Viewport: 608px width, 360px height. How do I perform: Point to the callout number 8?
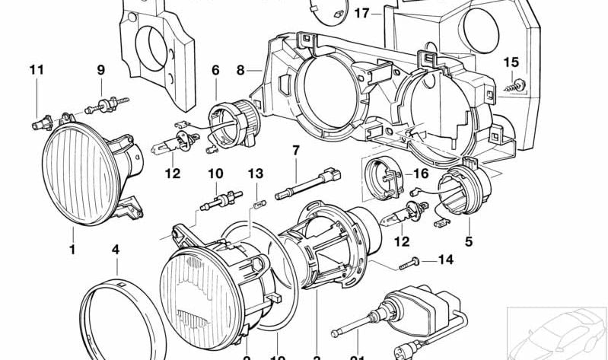(240, 70)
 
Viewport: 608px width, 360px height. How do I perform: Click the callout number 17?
(361, 13)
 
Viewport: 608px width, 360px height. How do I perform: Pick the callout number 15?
(511, 62)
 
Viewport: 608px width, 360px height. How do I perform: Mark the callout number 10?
(215, 174)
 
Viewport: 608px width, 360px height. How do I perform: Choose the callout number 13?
(255, 174)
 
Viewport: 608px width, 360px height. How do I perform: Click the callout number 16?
(422, 174)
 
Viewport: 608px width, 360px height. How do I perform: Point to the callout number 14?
(445, 260)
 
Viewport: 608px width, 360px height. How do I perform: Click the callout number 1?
(72, 249)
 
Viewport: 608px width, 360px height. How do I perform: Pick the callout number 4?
(116, 249)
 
